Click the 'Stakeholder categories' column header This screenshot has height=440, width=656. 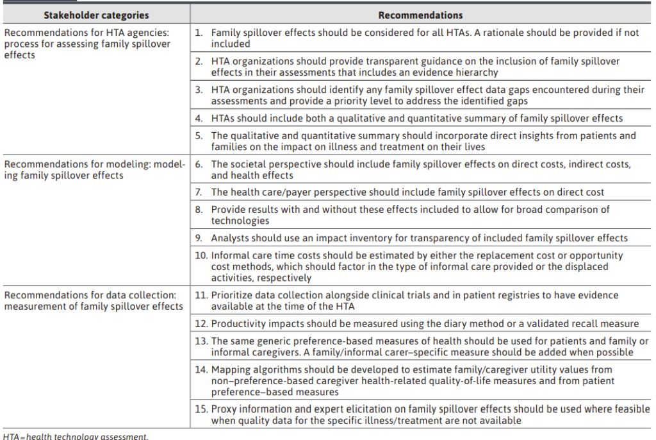96,15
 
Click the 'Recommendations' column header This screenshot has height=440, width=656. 420,15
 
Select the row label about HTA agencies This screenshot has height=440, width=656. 88,44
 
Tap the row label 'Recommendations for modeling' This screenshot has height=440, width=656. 94,170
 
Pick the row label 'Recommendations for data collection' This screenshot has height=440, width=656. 94,300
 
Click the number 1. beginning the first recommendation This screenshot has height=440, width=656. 199,33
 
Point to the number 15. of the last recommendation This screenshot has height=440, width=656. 202,409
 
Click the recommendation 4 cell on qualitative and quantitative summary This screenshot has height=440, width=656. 416,118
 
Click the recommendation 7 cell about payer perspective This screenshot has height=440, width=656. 407,192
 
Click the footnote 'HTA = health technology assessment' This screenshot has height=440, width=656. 76,436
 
